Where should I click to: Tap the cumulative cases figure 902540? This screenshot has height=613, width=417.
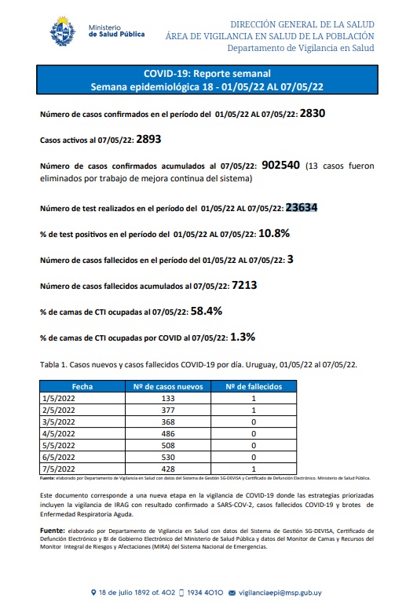[x=283, y=166]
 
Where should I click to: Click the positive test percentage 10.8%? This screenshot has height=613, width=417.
[x=275, y=233]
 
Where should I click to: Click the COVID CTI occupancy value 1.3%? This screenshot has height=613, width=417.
[x=243, y=337]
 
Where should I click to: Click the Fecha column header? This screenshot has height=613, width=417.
[x=82, y=387]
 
